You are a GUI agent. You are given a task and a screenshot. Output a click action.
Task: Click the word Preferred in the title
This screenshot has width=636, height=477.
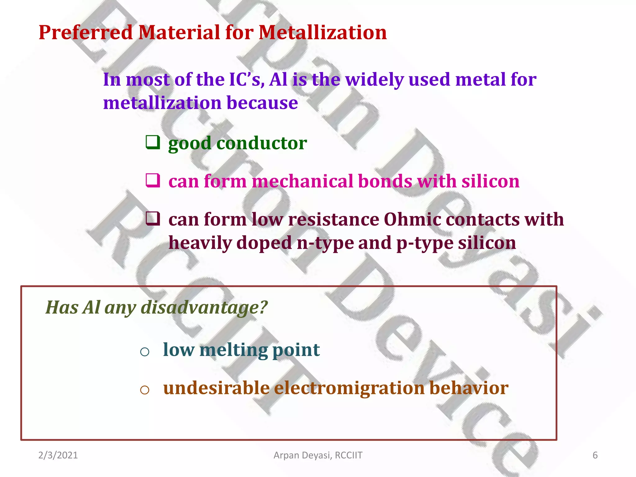[x=86, y=33]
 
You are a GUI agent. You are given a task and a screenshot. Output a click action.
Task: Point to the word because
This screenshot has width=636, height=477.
[x=262, y=103]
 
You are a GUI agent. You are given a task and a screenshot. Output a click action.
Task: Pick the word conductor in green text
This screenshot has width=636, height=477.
[x=261, y=143]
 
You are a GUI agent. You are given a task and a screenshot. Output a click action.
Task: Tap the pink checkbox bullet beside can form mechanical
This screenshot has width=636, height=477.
[x=153, y=180]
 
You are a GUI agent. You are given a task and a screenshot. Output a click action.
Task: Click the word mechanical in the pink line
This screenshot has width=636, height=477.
[x=302, y=181]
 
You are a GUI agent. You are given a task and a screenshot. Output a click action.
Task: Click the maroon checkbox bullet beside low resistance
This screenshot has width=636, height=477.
[x=153, y=219]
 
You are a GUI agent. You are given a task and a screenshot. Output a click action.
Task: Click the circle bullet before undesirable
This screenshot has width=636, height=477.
[x=145, y=390]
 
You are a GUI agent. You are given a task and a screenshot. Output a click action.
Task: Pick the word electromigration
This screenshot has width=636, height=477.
[x=349, y=388]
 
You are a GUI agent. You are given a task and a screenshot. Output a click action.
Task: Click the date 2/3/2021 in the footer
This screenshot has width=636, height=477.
[x=58, y=455]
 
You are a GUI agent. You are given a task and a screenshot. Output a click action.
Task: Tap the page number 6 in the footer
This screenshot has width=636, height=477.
[x=595, y=455]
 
